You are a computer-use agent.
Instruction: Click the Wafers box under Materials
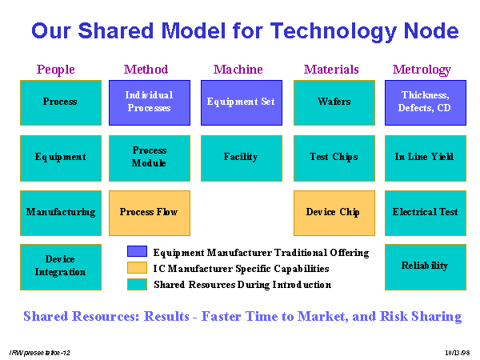[334, 103]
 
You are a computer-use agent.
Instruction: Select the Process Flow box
[150, 213]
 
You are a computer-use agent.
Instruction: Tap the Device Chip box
[334, 213]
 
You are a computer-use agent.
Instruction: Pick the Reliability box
[426, 267]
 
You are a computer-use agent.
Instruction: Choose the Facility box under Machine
[242, 158]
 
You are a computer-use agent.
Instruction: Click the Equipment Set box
[242, 103]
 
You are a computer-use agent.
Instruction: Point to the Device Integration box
[61, 267]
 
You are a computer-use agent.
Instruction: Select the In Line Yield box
[426, 158]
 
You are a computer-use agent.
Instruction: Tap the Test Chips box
[334, 158]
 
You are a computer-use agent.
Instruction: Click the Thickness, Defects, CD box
[426, 103]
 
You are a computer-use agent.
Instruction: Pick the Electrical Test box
[426, 213]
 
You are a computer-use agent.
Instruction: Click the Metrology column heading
[422, 70]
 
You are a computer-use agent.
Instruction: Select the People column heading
[56, 70]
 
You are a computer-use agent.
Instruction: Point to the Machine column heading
[238, 70]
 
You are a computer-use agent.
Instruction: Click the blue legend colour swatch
[137, 251]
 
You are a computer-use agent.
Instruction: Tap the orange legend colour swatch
[137, 267]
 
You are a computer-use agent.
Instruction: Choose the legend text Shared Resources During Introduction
[242, 285]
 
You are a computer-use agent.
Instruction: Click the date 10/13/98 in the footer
[458, 353]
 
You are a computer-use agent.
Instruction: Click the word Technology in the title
[334, 32]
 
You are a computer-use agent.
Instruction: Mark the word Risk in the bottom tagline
[394, 316]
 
